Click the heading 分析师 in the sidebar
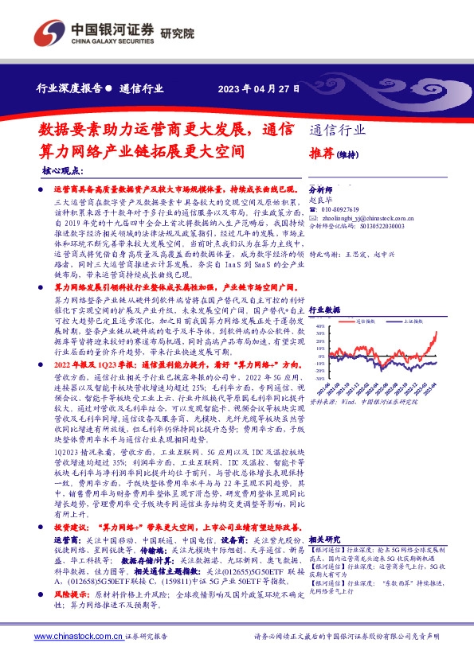coord(319,191)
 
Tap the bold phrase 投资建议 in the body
coord(70,504)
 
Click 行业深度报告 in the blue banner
coord(69,89)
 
